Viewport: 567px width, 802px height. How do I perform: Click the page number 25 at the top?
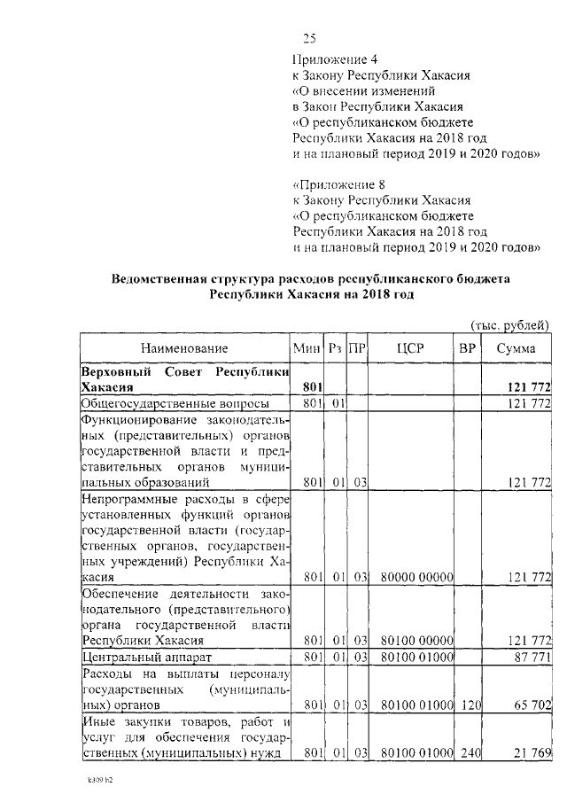(309, 38)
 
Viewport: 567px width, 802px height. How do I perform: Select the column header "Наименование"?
(183, 349)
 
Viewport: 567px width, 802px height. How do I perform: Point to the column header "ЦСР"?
(412, 349)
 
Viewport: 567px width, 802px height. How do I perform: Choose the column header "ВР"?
(467, 349)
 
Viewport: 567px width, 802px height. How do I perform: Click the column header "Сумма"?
(516, 349)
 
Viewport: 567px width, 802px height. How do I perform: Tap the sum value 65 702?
(530, 706)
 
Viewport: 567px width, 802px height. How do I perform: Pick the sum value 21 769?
(530, 753)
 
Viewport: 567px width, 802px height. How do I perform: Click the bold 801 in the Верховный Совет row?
(310, 387)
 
